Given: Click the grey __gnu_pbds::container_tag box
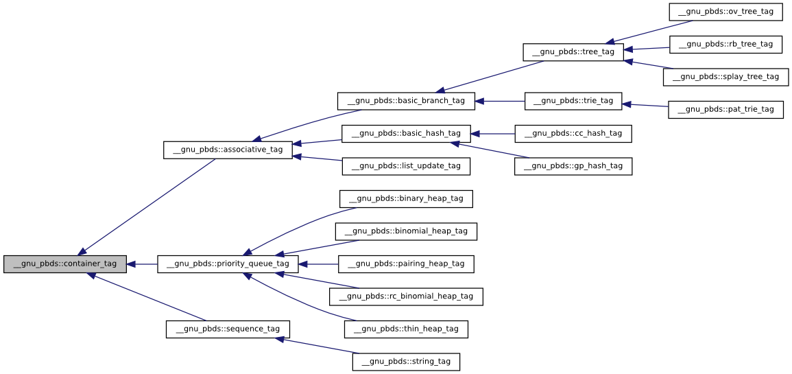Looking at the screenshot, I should tap(65, 264).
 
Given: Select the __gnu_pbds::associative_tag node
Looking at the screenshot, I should tap(228, 150).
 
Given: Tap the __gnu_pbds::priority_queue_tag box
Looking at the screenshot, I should tap(228, 264).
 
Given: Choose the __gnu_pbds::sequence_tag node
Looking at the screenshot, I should tap(228, 329).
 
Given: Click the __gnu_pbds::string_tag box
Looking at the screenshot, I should tap(406, 362).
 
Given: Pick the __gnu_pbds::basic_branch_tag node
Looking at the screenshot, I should tap(406, 101).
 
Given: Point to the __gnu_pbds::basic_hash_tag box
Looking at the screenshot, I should tap(406, 133).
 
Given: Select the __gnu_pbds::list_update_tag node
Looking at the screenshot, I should tap(406, 166).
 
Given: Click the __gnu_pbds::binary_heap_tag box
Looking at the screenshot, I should tap(406, 199).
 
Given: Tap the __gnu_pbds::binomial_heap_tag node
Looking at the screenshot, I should tap(406, 231).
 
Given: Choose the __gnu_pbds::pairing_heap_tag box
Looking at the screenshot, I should tap(406, 264).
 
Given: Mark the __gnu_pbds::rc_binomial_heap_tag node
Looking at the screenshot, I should tap(406, 296).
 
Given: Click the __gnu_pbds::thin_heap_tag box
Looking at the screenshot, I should tap(406, 329).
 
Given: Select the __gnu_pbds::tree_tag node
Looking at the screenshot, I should tap(573, 52).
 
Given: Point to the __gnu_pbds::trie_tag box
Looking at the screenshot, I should tap(573, 101).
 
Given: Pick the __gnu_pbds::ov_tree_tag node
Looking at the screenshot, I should tap(725, 12).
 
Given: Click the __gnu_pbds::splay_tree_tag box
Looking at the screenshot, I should tap(725, 77).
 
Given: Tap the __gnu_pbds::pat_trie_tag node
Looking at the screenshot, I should tap(725, 109).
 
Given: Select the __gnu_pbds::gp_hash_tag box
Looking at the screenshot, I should tap(573, 166).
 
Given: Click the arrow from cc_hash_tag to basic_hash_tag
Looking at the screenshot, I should tap(492, 134).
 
